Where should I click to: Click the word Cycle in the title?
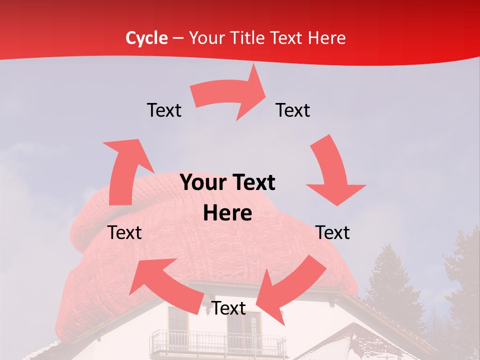[146, 38]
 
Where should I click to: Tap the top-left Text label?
[164, 110]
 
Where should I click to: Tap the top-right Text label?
[293, 110]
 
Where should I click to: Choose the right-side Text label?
[333, 232]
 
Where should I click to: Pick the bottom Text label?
[229, 308]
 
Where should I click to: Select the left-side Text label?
[124, 232]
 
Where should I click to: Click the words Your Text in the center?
[227, 183]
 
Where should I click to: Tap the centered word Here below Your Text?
[227, 213]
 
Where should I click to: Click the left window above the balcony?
[177, 320]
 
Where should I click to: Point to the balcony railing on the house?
[217, 343]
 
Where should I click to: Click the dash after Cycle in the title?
[178, 38]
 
